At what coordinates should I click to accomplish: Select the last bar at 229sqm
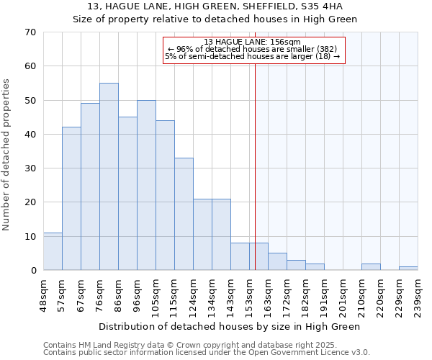(408, 269)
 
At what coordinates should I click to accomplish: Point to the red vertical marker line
(255, 158)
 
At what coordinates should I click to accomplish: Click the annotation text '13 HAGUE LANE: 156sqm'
(252, 42)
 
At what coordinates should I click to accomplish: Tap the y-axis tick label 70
(30, 32)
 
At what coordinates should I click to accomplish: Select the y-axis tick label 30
(30, 168)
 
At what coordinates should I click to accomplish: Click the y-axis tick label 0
(32, 271)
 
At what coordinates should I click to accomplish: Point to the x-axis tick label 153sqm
(250, 294)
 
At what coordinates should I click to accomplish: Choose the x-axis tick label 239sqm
(418, 294)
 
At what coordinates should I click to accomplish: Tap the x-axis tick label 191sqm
(325, 294)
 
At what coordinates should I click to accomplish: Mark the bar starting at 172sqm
(296, 265)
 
